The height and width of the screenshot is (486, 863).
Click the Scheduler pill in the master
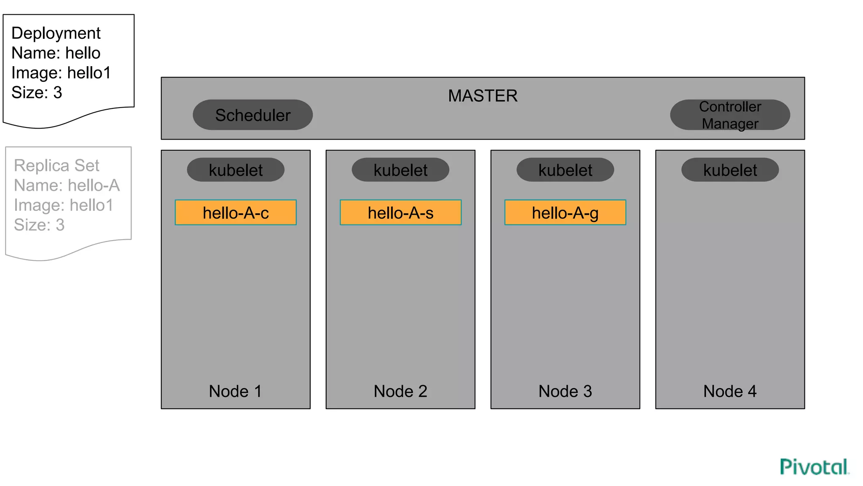[x=252, y=115]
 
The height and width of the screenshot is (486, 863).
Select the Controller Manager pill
[x=730, y=115]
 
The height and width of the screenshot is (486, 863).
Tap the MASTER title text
[x=482, y=96]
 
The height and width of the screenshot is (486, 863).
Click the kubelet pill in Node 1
[x=236, y=170]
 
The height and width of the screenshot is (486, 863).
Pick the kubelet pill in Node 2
[x=400, y=170]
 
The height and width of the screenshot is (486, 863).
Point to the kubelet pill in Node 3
[x=565, y=170]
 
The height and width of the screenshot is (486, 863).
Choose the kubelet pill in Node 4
[x=730, y=170]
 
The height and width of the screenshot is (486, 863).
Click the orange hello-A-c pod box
[x=236, y=213]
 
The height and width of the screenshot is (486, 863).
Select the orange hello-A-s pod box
[x=400, y=213]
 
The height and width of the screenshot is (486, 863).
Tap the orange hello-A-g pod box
[x=565, y=213]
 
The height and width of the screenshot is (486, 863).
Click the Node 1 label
[x=235, y=391]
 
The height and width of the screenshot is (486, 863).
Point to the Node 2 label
[x=400, y=391]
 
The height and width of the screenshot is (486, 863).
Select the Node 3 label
[x=565, y=391]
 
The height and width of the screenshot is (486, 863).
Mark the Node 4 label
[x=730, y=391]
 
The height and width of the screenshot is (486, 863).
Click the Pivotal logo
[x=814, y=467]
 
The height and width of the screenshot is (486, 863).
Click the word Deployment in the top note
[x=56, y=33]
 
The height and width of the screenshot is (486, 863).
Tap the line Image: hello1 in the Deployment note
[x=61, y=73]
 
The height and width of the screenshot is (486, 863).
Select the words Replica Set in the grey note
[x=56, y=165]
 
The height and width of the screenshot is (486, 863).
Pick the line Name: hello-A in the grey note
[x=67, y=185]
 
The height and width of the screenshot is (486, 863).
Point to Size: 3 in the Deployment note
[x=37, y=93]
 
